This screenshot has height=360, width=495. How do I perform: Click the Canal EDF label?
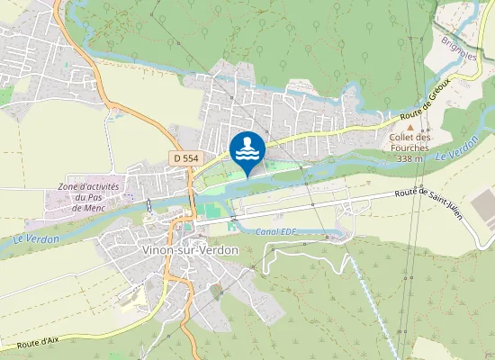276,232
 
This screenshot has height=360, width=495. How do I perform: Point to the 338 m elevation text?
410,158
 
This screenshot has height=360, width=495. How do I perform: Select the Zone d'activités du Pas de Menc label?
89,196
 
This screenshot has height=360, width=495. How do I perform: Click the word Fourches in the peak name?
410,148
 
